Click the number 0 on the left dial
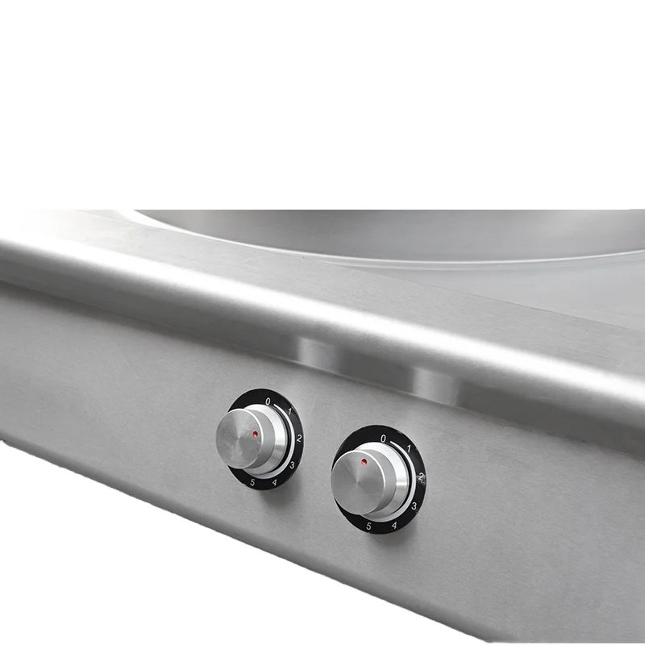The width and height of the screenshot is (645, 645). (268, 402)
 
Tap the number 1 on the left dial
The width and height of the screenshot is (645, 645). (289, 411)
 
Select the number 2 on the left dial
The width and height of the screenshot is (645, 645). (299, 438)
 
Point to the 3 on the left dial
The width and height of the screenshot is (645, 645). (292, 465)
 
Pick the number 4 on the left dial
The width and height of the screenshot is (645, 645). (274, 482)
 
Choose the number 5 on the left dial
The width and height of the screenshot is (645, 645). (252, 482)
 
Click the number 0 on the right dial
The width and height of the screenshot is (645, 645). (384, 439)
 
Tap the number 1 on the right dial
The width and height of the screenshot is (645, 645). (409, 448)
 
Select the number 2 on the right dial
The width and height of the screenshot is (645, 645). (421, 477)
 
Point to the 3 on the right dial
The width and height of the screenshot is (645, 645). (414, 506)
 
